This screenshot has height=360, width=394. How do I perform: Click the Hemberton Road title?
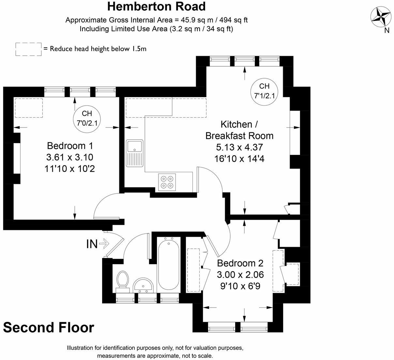(x=157, y=7)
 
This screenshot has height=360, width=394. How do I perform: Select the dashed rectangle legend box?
(x=28, y=49)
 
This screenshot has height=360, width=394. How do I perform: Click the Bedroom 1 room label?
(x=70, y=145)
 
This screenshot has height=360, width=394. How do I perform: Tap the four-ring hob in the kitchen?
(x=167, y=182)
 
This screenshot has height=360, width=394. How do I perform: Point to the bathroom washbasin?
(x=143, y=285)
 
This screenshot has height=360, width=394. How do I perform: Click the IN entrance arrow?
(x=98, y=243)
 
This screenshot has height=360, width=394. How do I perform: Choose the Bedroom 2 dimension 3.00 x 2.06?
(x=240, y=275)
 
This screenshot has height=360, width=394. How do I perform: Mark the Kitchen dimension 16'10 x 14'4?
(x=239, y=158)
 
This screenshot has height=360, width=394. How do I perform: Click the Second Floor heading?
(x=49, y=327)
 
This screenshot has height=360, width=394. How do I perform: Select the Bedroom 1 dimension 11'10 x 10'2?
(x=70, y=169)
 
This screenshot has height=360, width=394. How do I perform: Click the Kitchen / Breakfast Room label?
(x=239, y=130)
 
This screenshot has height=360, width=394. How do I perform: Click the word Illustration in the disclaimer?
(x=82, y=348)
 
